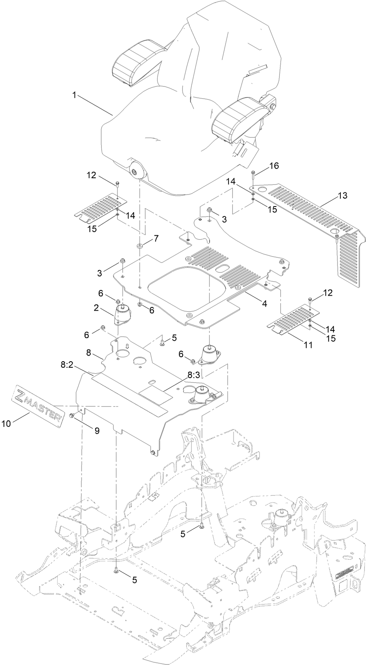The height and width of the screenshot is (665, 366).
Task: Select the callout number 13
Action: click(342, 196)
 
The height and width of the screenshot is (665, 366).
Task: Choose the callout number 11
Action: click(308, 345)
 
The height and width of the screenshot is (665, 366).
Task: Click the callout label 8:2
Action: click(67, 365)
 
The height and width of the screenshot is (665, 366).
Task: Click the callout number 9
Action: click(97, 431)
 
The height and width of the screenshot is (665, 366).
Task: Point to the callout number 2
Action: click(96, 308)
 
